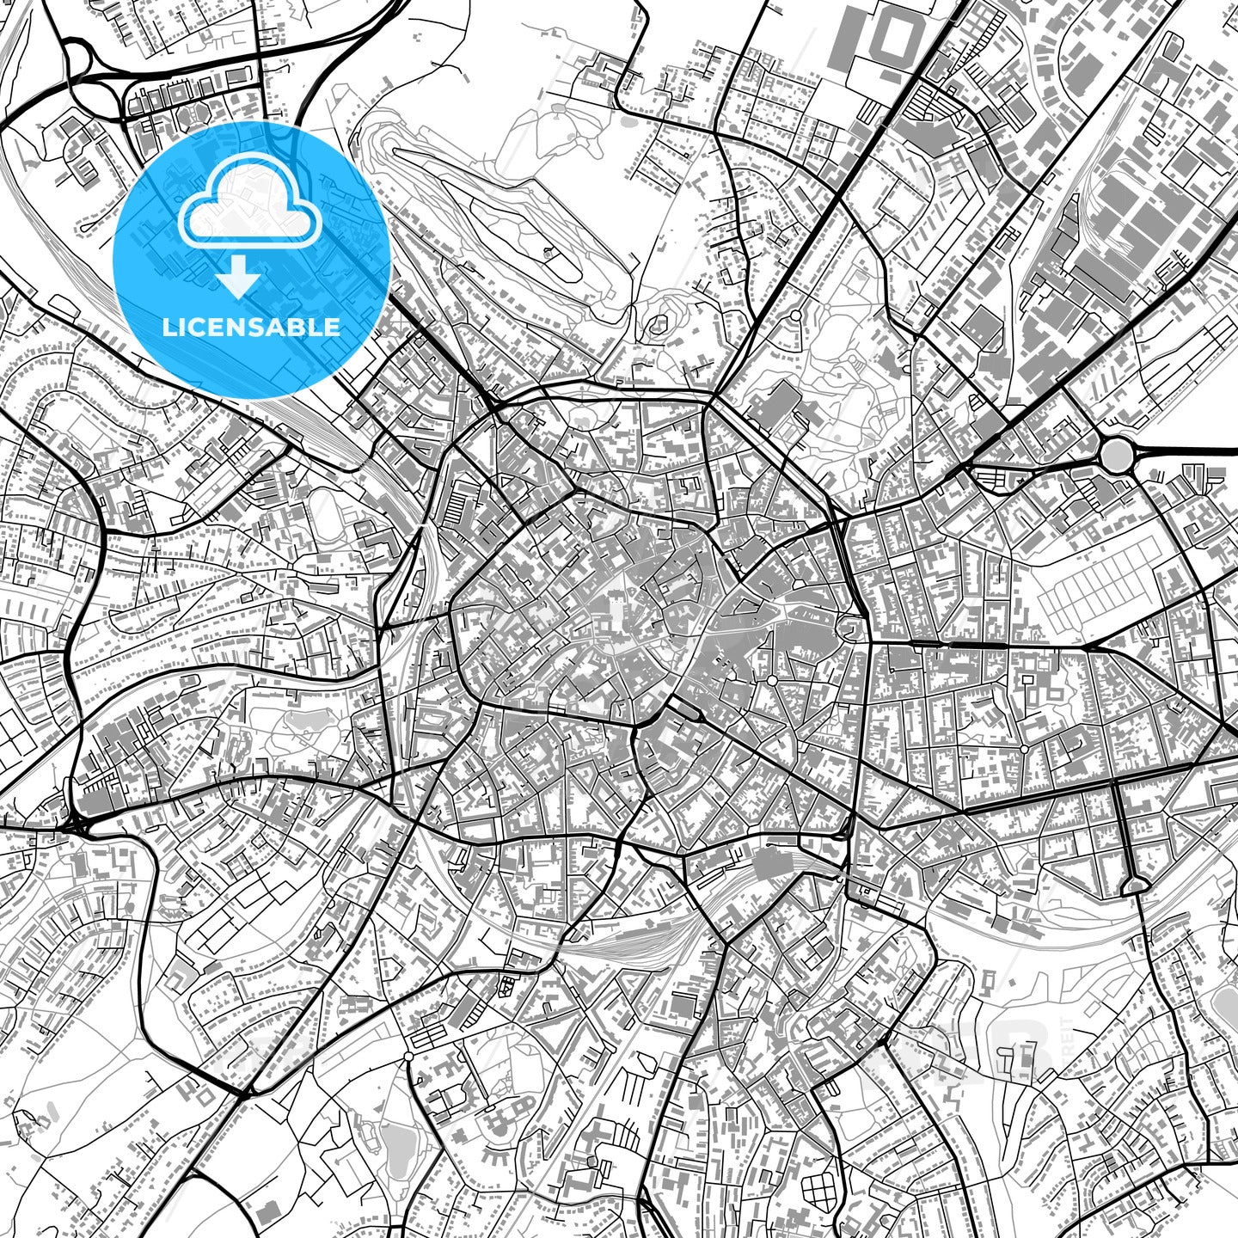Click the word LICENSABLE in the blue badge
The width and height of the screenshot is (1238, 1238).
coord(252,327)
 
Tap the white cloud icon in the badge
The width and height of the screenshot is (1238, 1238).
coord(249,211)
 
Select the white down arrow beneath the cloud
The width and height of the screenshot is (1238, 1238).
coord(238,279)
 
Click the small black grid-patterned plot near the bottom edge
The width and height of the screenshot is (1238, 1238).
coord(818,1192)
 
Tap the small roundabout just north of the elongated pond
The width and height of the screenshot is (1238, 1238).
coord(408,1055)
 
